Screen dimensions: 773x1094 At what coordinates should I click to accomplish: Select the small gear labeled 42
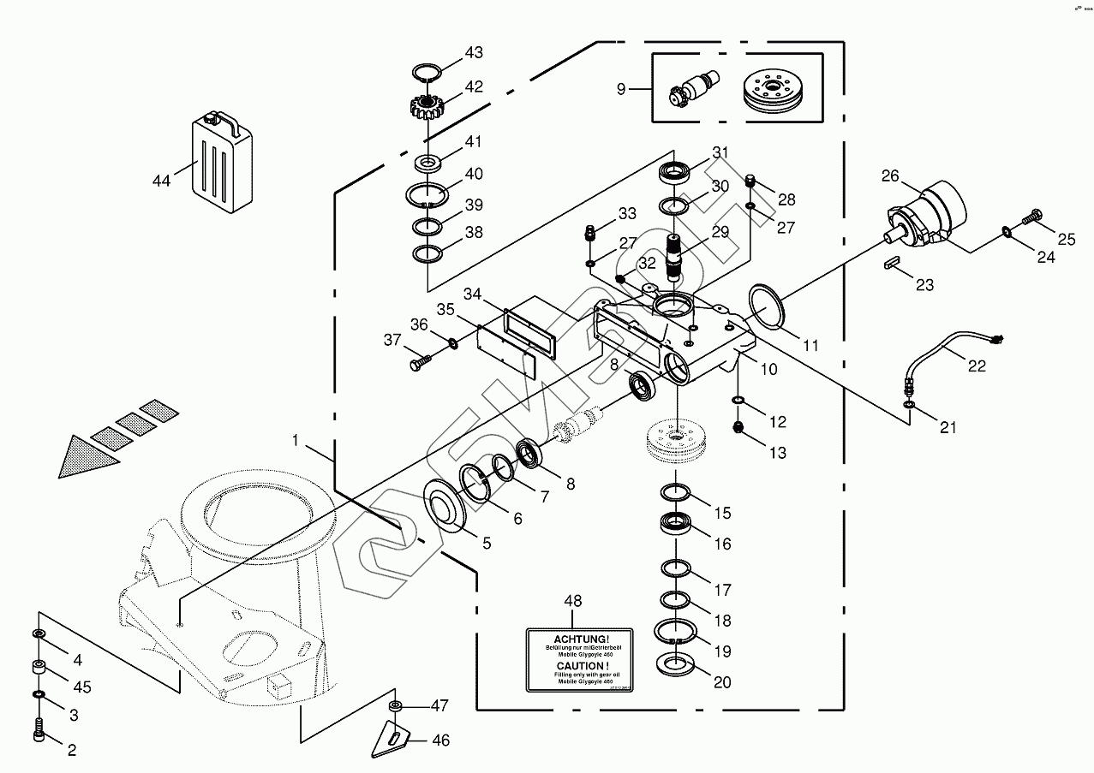(x=425, y=107)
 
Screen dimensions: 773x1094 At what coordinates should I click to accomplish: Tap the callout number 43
(x=474, y=53)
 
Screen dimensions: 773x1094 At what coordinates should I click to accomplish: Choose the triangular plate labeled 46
(x=392, y=737)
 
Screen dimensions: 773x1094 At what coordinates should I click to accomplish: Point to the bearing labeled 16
(x=677, y=523)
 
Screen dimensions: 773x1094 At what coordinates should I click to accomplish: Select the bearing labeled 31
(x=677, y=172)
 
